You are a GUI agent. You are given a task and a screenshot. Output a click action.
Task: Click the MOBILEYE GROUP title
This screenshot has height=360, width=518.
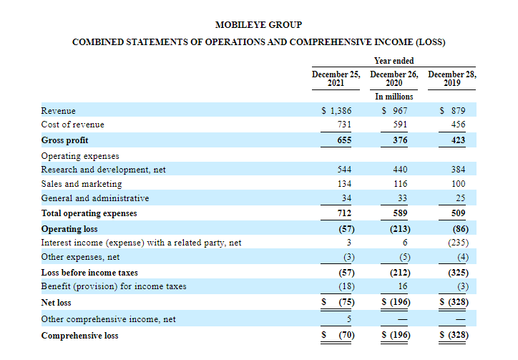[258, 25]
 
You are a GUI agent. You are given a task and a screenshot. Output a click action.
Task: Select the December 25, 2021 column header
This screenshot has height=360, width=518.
[336, 78]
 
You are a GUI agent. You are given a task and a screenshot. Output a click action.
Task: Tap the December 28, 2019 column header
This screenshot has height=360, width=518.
[451, 78]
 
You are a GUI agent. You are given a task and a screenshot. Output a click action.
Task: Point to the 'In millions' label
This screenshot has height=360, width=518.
[394, 96]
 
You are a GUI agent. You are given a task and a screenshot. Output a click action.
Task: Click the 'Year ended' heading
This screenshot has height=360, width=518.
[394, 61]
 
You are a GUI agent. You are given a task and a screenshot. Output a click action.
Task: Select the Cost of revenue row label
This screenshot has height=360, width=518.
[73, 125]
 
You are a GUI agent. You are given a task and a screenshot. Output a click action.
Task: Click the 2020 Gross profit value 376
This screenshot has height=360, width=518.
[400, 140]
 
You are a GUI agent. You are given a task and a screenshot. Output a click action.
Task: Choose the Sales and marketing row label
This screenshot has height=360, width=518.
[82, 184]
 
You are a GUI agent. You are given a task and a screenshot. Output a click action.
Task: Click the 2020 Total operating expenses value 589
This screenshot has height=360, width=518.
[400, 213]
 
